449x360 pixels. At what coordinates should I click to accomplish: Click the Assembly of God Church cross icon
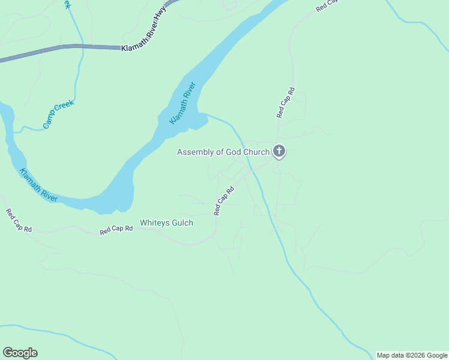(x=279, y=151)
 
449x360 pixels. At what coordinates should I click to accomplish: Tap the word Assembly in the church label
(x=194, y=152)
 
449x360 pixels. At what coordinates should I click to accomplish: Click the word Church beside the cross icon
(x=256, y=152)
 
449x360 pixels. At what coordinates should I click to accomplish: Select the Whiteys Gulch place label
(x=166, y=223)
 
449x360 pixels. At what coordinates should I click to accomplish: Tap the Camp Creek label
(x=58, y=114)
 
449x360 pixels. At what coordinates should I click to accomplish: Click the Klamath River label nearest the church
(x=183, y=103)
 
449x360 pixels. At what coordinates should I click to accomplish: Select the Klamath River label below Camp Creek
(x=38, y=185)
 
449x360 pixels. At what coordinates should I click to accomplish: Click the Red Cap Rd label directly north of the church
(x=286, y=103)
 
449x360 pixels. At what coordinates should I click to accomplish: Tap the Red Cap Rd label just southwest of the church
(x=223, y=200)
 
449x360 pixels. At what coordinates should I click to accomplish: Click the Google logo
(x=20, y=353)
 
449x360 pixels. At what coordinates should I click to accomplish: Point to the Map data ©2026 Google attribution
(x=412, y=355)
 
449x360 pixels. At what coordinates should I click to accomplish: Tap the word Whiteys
(x=153, y=223)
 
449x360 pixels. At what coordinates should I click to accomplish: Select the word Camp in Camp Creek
(x=50, y=121)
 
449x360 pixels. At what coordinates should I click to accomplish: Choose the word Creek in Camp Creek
(x=65, y=108)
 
